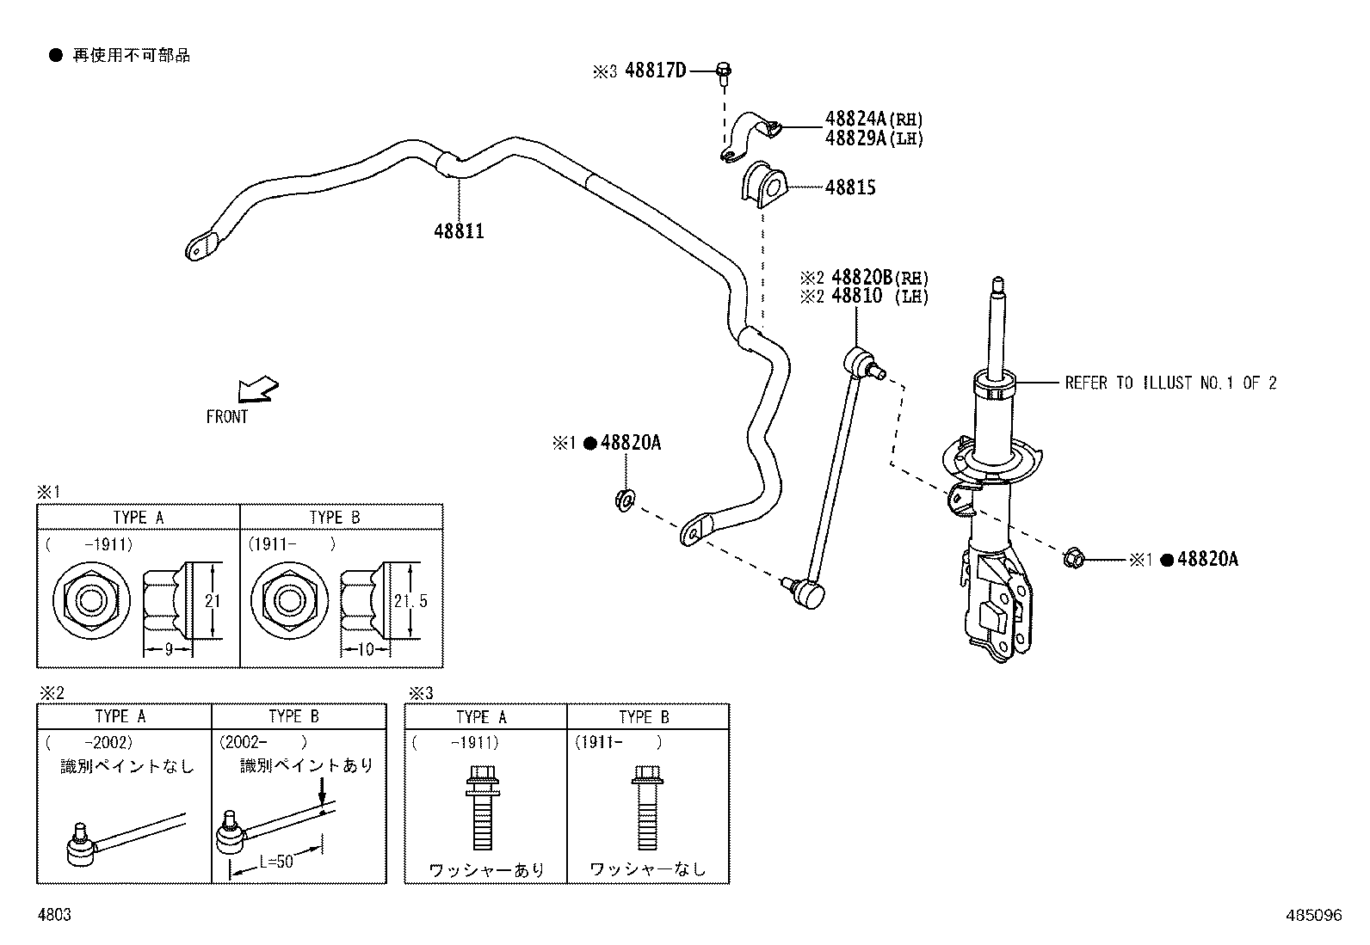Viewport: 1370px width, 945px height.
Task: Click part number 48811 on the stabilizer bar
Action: [x=459, y=231]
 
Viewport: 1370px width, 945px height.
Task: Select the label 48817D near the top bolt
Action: [x=655, y=71]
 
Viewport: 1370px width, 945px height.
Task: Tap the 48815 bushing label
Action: [x=850, y=187]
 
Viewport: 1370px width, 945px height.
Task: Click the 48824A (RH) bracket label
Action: [x=873, y=120]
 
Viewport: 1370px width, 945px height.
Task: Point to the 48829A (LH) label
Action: [x=873, y=138]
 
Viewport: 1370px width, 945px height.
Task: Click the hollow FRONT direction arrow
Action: [x=259, y=390]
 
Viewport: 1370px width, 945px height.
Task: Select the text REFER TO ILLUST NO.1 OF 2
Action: [x=1170, y=384]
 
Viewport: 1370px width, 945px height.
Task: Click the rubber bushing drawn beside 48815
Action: [x=763, y=183]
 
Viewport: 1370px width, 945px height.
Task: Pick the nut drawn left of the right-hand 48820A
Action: [x=1072, y=559]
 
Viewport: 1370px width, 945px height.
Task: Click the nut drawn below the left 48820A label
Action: [x=625, y=498]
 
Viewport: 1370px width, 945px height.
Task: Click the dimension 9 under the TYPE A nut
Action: [x=169, y=650]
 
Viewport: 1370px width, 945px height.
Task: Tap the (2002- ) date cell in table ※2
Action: [x=262, y=742]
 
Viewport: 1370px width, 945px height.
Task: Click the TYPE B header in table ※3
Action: [x=644, y=717]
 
